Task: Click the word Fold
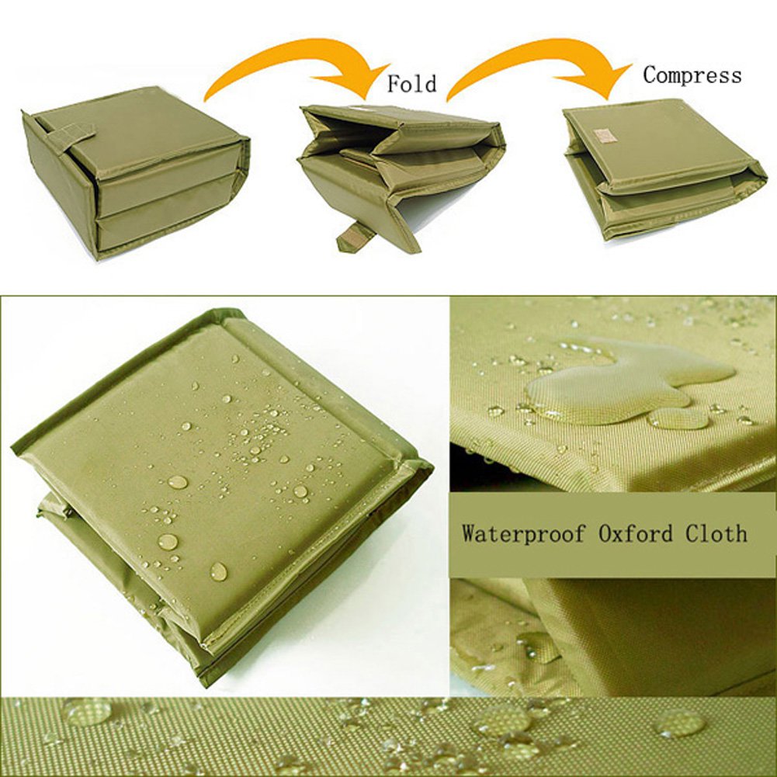click(412, 83)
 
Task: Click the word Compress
click(692, 75)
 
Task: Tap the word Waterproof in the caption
click(523, 534)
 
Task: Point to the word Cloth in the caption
click(716, 533)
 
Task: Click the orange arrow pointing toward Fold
click(297, 64)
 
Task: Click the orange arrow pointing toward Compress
click(539, 64)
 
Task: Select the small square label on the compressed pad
click(605, 135)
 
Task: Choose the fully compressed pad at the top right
click(667, 171)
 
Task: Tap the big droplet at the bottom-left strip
click(88, 711)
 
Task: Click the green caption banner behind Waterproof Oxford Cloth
click(612, 534)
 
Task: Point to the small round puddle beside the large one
click(678, 418)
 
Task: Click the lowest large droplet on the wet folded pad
click(219, 571)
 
